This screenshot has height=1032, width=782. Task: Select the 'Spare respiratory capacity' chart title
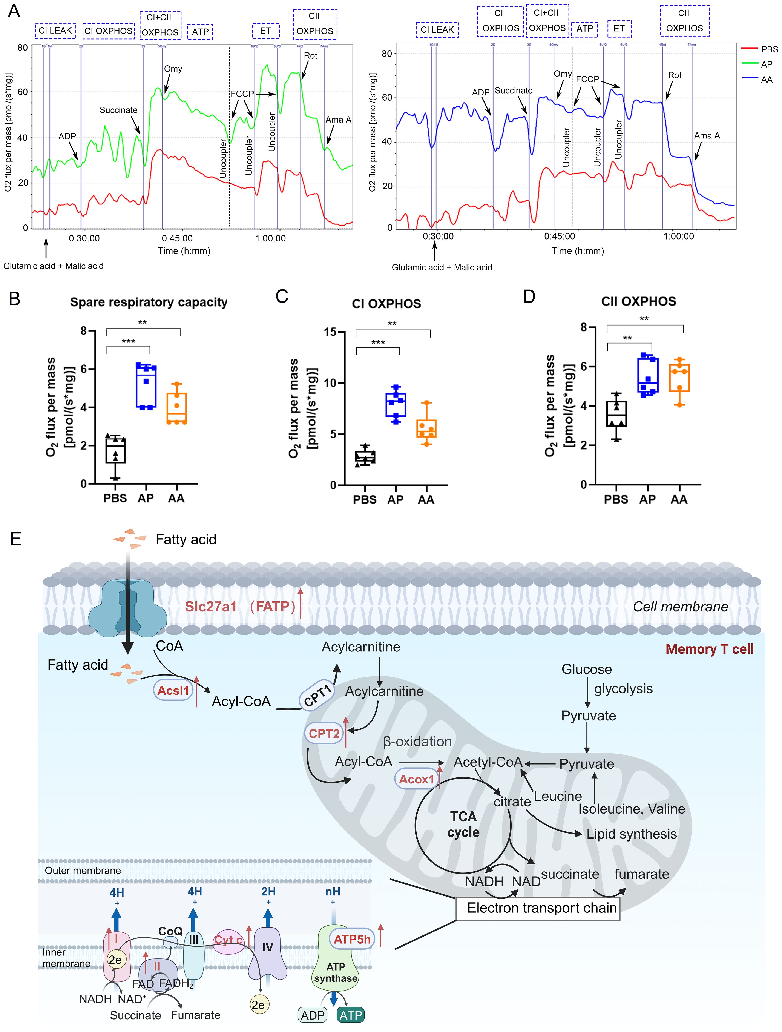(149, 302)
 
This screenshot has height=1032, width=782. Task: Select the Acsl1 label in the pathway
(173, 691)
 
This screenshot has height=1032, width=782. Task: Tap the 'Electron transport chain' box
(538, 908)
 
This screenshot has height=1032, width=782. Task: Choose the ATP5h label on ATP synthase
(352, 939)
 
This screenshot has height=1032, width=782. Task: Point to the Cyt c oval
(228, 941)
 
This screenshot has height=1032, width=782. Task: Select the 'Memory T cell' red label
(709, 649)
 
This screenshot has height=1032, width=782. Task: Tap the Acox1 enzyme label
(416, 779)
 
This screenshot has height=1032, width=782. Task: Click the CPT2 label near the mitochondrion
(324, 733)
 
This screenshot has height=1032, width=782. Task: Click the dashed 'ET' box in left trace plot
(265, 31)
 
